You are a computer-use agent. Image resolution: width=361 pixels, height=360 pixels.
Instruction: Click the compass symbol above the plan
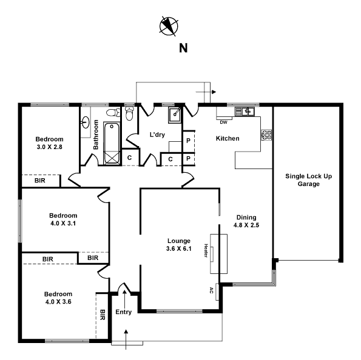(x=168, y=25)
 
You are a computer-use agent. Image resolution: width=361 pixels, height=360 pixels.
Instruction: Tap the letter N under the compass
(x=182, y=48)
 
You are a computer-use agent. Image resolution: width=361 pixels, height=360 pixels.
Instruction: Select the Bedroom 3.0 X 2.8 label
(x=49, y=142)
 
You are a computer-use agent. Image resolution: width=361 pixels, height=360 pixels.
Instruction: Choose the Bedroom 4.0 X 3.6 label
(x=58, y=298)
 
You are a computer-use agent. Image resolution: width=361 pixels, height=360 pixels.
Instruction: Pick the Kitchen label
(x=228, y=139)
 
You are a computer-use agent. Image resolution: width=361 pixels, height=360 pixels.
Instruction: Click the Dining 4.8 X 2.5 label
(x=246, y=221)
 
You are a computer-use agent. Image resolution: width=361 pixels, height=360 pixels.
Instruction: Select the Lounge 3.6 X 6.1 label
(x=178, y=244)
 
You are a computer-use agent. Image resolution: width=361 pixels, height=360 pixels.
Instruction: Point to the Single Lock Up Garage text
(x=309, y=180)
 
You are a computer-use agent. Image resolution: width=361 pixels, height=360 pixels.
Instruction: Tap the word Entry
(x=123, y=313)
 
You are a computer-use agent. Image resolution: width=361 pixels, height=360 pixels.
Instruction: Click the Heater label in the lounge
(x=206, y=251)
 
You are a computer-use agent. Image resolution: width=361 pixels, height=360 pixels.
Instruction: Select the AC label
(x=211, y=289)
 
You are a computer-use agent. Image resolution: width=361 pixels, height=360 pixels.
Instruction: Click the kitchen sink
(x=247, y=112)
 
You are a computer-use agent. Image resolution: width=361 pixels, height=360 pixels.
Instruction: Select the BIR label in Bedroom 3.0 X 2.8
(x=41, y=181)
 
